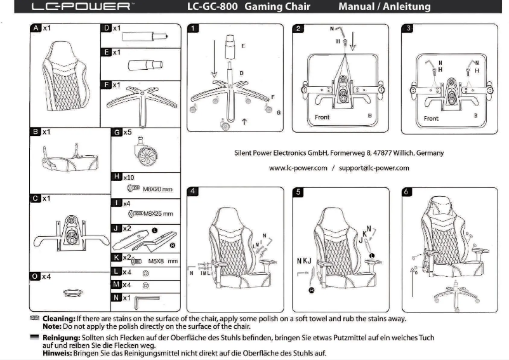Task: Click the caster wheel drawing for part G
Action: (143, 152)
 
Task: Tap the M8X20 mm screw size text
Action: (157, 189)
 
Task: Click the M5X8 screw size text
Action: (159, 260)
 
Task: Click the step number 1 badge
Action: (194, 29)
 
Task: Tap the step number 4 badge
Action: (194, 191)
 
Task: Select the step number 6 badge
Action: (408, 191)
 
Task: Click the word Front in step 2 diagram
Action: (322, 117)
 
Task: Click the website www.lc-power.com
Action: (298, 168)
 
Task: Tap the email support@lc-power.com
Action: (374, 168)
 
